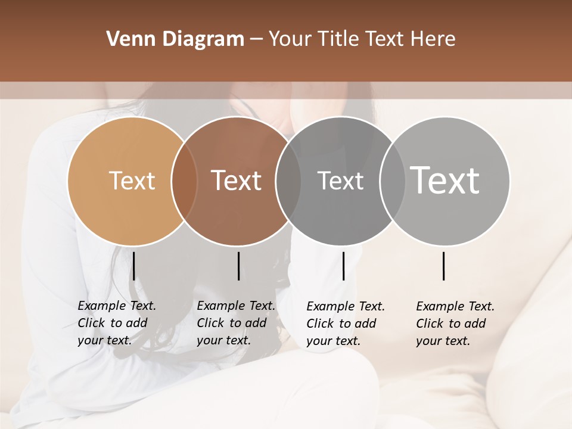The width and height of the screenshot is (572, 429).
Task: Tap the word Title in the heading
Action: tap(337, 39)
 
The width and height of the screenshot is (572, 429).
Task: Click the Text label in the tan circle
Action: tap(132, 181)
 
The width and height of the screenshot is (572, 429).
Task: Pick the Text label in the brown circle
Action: tap(237, 181)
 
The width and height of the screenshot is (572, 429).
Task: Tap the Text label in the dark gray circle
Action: tap(340, 181)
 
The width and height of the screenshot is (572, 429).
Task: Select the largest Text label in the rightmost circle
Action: tap(445, 181)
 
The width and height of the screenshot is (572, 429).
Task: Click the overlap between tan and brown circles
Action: tap(184, 181)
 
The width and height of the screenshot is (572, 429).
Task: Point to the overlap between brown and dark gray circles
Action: tap(288, 181)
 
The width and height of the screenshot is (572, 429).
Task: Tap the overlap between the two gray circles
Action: tap(392, 181)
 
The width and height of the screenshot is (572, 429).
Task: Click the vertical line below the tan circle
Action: tap(134, 266)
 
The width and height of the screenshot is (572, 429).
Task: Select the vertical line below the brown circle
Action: tap(238, 266)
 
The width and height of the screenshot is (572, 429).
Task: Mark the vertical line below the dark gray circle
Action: tap(343, 266)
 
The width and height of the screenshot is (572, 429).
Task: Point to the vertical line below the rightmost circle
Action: tap(443, 266)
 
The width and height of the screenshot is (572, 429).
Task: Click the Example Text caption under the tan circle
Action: tap(117, 323)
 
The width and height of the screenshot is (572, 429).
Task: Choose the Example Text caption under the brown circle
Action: tap(236, 323)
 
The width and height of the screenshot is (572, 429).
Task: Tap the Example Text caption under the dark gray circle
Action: tap(346, 324)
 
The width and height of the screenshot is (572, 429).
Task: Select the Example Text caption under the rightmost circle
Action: tap(455, 324)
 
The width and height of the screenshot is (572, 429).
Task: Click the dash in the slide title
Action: tap(256, 40)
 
